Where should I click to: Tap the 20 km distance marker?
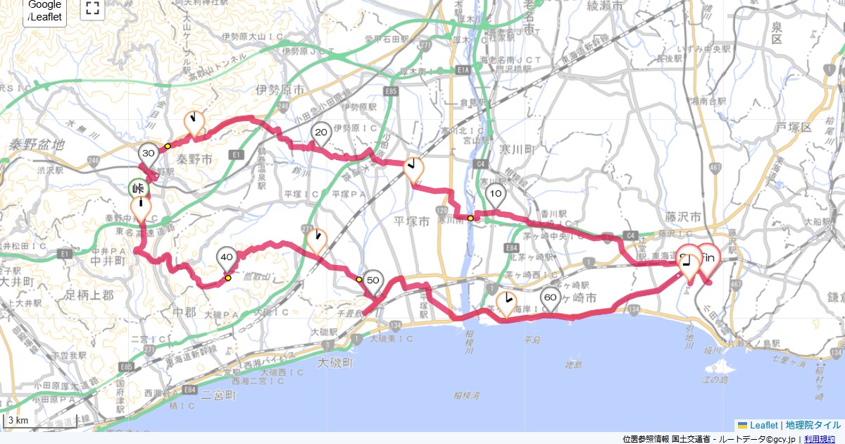click(x=322, y=133)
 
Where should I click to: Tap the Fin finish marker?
click(x=708, y=257)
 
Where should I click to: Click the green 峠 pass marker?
click(x=137, y=189)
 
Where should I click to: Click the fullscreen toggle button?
click(x=92, y=8)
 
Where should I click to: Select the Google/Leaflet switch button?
click(x=45, y=11)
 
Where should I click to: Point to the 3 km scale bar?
click(x=39, y=421)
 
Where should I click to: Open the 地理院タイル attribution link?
click(x=813, y=426)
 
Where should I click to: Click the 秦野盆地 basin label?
click(x=37, y=144)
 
